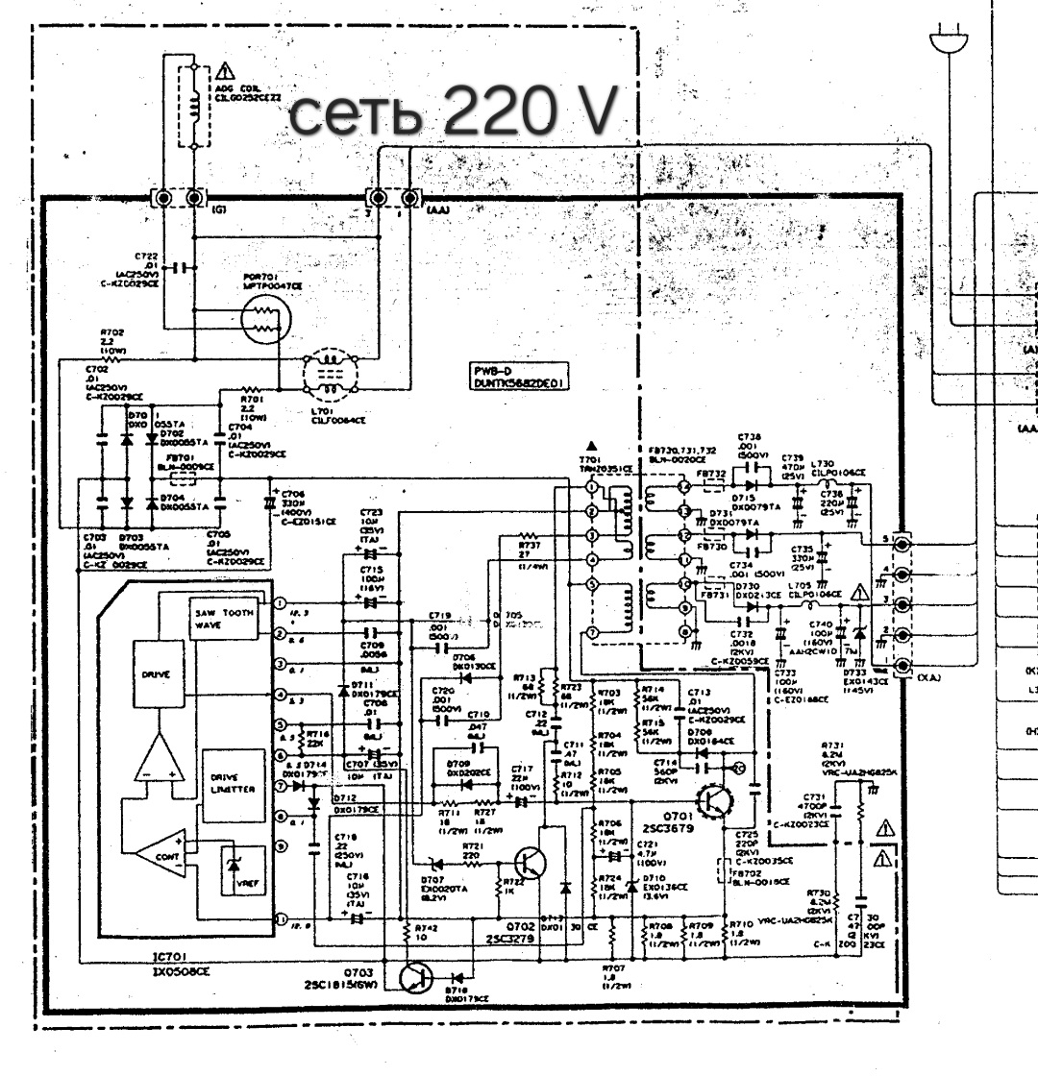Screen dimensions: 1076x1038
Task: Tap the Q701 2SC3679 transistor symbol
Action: click(715, 799)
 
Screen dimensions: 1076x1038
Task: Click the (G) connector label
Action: click(218, 208)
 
